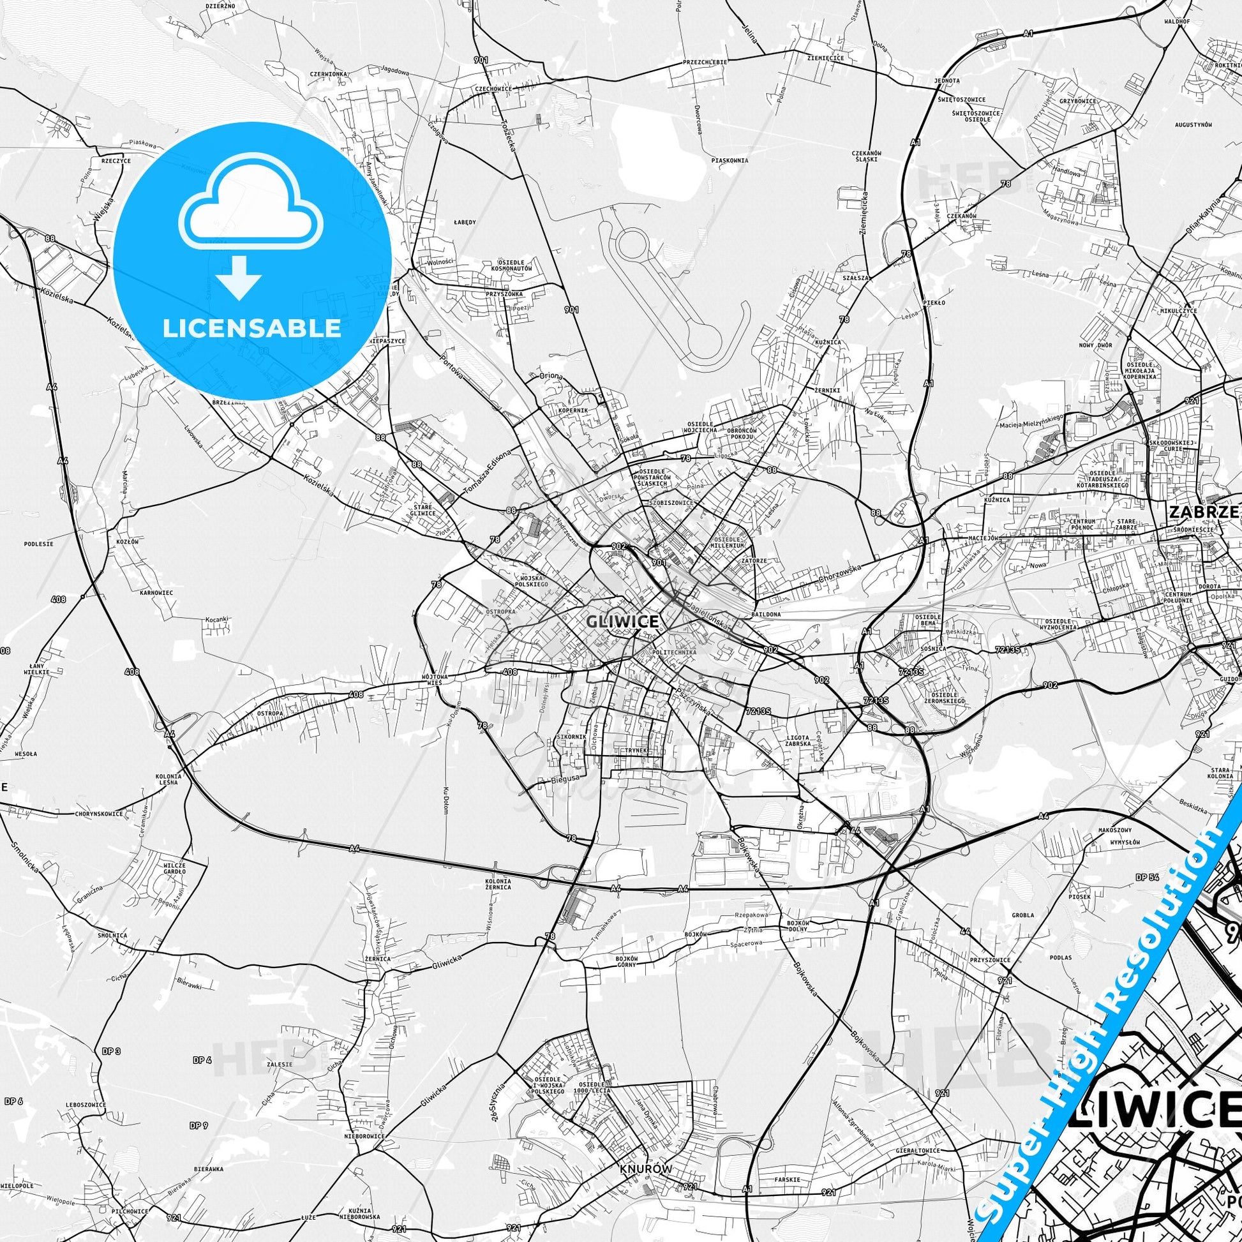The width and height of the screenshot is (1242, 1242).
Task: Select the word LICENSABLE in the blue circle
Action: tap(252, 328)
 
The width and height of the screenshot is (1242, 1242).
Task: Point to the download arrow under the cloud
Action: tap(239, 277)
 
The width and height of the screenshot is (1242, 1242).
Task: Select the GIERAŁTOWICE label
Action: tap(918, 1132)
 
